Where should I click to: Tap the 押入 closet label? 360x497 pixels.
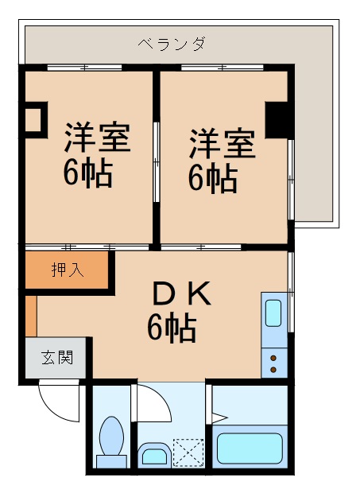click(x=67, y=270)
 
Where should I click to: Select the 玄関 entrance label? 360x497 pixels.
click(x=57, y=357)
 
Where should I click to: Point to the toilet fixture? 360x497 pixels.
click(x=111, y=441)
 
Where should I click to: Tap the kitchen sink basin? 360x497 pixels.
click(x=274, y=313)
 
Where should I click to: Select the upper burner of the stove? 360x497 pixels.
click(x=274, y=356)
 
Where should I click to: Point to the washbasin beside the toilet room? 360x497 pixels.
click(x=153, y=455)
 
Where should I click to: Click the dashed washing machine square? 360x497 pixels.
click(x=189, y=454)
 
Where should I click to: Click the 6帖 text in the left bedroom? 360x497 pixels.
click(x=87, y=173)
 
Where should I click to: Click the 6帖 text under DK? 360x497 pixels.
click(x=172, y=327)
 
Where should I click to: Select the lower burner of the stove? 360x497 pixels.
click(x=274, y=369)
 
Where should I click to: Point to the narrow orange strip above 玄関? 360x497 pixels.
click(x=30, y=315)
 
